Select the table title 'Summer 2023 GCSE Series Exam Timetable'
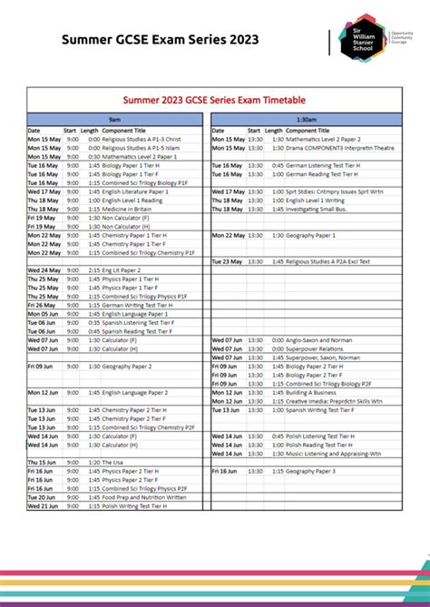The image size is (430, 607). click(x=215, y=99)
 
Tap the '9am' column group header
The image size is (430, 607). click(x=115, y=120)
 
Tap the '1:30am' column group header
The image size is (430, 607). click(x=306, y=120)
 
